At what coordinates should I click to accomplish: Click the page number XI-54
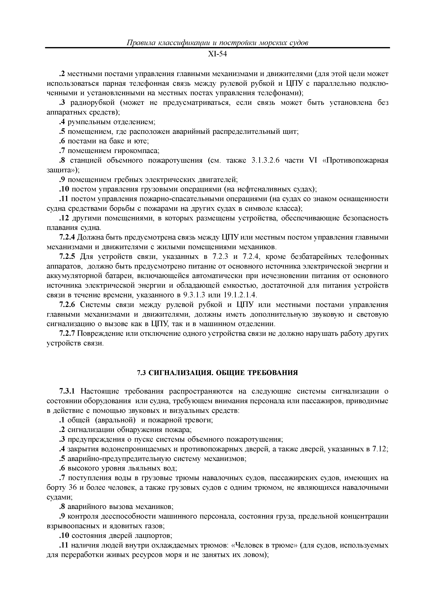pyautogui.click(x=217, y=54)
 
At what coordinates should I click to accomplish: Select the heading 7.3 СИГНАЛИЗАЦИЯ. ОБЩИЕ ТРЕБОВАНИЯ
pyautogui.click(x=217, y=373)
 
